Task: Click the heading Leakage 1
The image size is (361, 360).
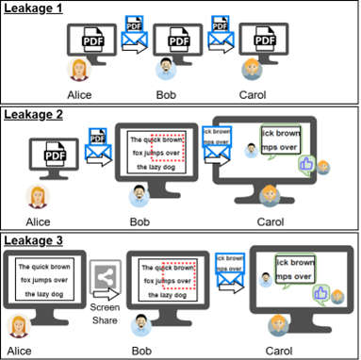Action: pos(34,8)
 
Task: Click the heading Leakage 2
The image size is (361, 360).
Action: pos(34,114)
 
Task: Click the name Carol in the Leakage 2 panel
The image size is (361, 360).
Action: pos(274,221)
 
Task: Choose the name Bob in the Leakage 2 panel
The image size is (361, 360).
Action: pos(141,221)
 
